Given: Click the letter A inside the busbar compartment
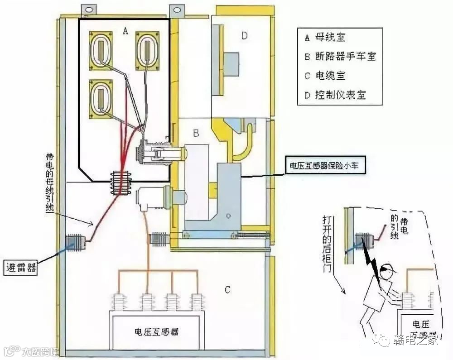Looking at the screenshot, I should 125,31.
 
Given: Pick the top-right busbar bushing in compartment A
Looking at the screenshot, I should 148,48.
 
